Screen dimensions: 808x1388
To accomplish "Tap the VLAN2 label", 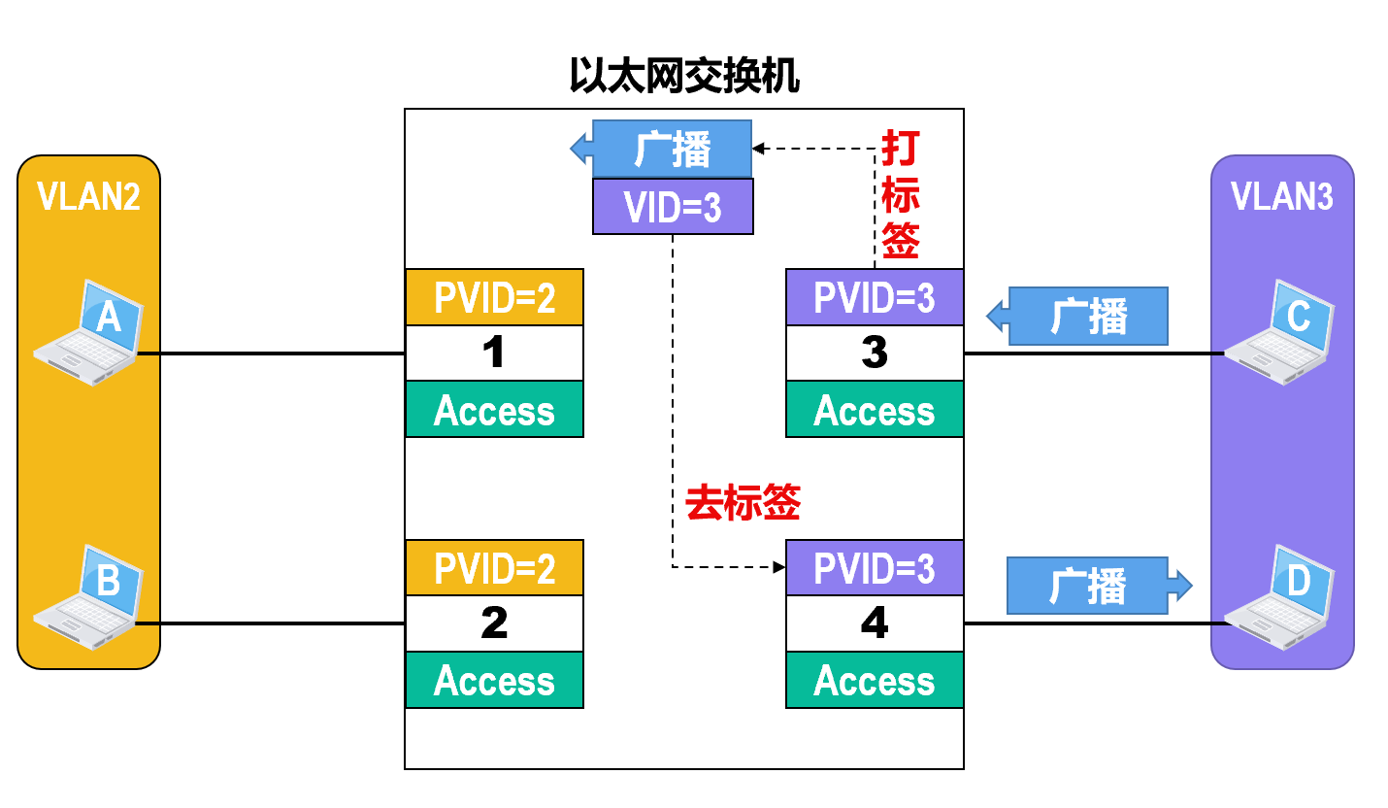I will (x=88, y=196).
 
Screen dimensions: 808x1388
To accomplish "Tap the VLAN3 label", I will (x=1281, y=196).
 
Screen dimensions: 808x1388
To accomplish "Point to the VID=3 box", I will (x=673, y=207).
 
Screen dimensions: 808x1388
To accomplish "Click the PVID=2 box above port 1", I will (x=494, y=297).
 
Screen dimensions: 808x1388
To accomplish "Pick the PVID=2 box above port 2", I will (x=494, y=568).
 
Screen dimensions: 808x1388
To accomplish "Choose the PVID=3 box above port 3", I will (x=874, y=297).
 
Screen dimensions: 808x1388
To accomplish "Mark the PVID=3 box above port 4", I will (x=874, y=568).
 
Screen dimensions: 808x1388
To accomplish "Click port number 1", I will (x=494, y=353).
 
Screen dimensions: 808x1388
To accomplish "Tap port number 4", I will (x=874, y=623).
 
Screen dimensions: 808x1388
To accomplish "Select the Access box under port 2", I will (x=494, y=680).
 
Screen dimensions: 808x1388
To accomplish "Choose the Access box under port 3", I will (x=874, y=409).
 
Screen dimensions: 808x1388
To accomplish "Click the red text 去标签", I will (x=743, y=503).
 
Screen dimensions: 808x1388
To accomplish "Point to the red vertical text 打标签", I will (x=900, y=196).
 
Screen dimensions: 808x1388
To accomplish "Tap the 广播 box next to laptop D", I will (x=1089, y=586).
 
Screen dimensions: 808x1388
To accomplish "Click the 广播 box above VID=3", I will (x=673, y=149).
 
